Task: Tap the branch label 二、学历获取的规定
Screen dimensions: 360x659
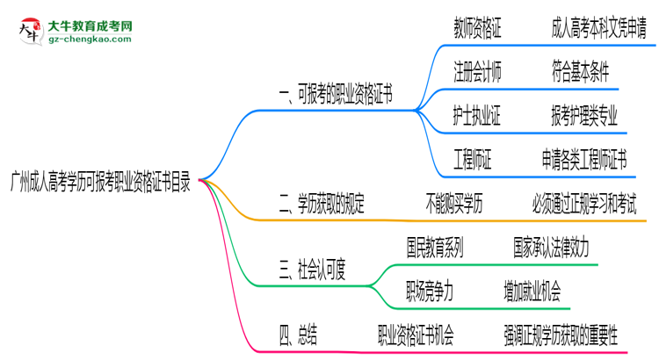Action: click(322, 205)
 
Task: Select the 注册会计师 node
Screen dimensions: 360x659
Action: click(478, 72)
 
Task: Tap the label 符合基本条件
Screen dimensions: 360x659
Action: click(581, 72)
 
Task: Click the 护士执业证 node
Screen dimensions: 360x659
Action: click(478, 116)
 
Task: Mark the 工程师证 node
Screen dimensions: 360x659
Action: click(473, 160)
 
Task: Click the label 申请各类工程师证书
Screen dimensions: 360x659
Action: click(584, 160)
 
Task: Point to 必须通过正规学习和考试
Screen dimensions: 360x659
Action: click(584, 205)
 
